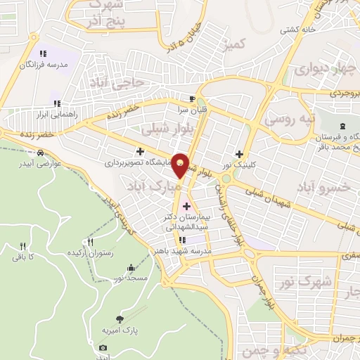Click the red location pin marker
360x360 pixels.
[181, 165]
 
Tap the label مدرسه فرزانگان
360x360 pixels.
[43, 65]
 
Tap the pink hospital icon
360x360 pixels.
[186, 206]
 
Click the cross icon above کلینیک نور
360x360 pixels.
[240, 154]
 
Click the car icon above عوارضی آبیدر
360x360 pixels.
[41, 153]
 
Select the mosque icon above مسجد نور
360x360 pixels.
[131, 267]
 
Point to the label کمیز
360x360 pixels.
[236, 46]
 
